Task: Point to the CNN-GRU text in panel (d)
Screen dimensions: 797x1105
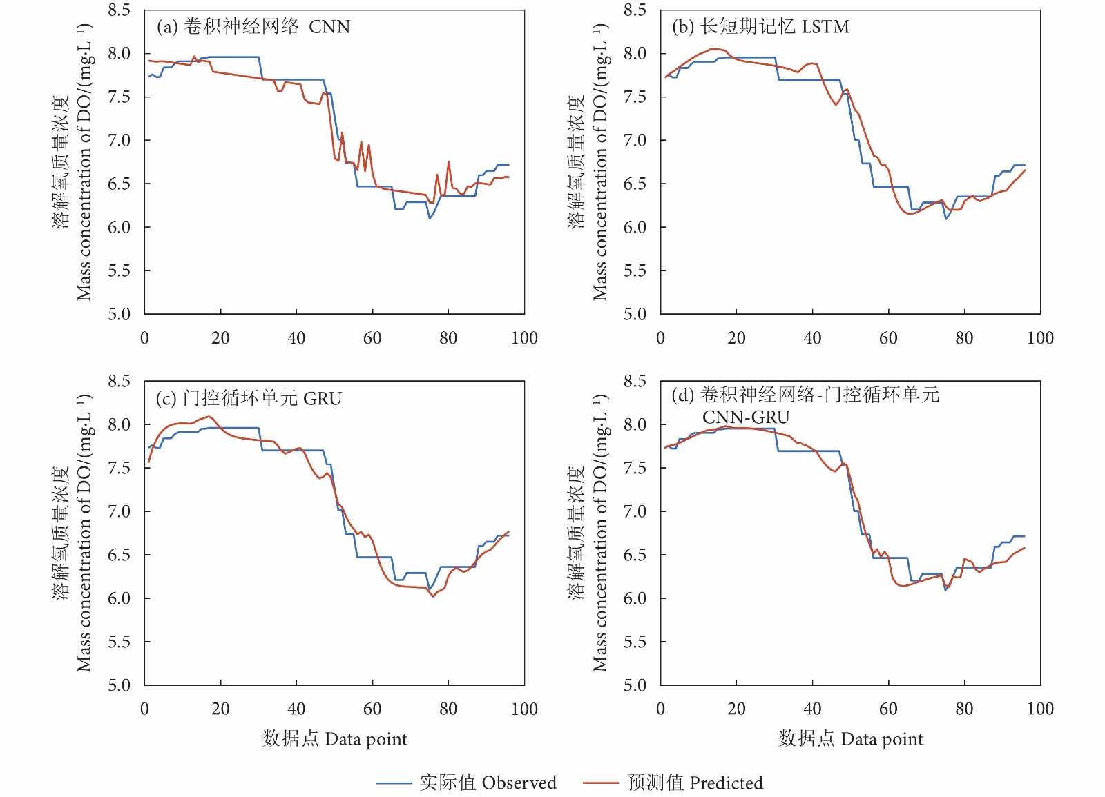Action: pos(746,417)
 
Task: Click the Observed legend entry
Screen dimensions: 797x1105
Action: pos(488,783)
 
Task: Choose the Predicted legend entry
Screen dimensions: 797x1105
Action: pos(695,783)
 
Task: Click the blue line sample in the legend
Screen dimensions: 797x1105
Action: pos(394,783)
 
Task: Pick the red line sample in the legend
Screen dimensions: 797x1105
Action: pos(601,783)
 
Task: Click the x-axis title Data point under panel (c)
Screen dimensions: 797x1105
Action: pos(335,739)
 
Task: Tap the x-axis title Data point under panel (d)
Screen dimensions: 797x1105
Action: pos(851,739)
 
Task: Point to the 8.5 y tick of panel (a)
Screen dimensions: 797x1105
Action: pos(119,10)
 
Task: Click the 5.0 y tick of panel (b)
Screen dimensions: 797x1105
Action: pos(635,315)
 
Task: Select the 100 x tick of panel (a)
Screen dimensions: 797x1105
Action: pos(524,338)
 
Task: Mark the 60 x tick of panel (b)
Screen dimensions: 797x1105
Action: pos(888,338)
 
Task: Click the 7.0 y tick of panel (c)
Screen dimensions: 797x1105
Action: pos(119,511)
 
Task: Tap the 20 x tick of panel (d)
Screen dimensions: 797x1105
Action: pos(736,709)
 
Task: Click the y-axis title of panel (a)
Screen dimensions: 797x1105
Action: pos(73,162)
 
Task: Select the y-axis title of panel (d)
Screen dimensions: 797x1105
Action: pos(588,533)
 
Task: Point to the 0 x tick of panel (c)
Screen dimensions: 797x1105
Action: pos(144,709)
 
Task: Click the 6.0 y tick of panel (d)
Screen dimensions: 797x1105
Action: pos(635,598)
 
